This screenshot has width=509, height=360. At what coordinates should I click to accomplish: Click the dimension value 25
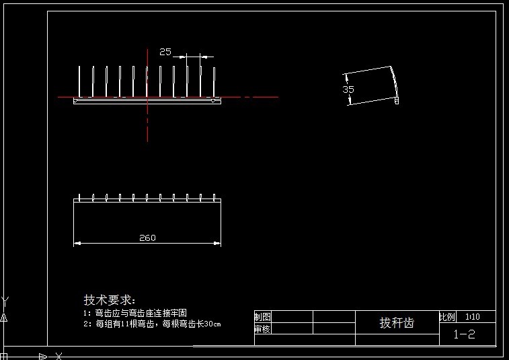(165, 51)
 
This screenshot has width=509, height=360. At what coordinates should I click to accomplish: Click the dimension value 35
(348, 89)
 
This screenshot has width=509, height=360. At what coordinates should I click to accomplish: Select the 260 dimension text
(147, 238)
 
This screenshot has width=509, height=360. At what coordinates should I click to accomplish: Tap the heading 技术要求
(109, 299)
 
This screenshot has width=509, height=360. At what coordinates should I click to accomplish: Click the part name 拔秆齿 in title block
(397, 323)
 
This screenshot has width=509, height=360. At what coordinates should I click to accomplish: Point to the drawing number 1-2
(464, 334)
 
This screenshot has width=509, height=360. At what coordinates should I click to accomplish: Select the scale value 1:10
(473, 316)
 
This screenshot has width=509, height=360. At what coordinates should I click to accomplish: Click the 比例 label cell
(447, 316)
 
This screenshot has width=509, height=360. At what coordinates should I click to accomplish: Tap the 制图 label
(263, 317)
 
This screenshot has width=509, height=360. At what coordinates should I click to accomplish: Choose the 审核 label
(263, 329)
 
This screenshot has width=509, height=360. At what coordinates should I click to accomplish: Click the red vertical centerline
(147, 121)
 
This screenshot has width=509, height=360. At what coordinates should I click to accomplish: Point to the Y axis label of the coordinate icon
(5, 301)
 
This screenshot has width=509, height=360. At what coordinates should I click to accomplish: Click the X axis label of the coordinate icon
(59, 355)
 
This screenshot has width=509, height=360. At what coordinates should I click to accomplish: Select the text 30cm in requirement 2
(212, 324)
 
